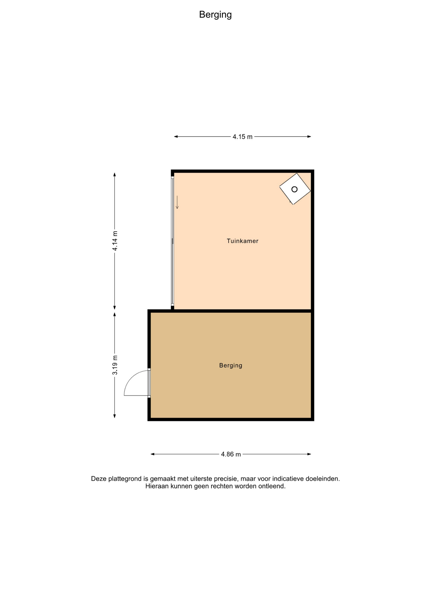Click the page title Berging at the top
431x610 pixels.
click(215, 15)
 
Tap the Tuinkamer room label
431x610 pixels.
click(242, 241)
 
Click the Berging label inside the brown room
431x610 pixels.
click(231, 366)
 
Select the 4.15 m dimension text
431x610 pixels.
click(242, 137)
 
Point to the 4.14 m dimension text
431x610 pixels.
click(115, 241)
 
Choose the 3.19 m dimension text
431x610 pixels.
click(115, 365)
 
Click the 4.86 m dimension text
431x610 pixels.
click(231, 454)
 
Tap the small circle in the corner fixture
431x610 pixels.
click(294, 189)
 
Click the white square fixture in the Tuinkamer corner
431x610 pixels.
click(295, 189)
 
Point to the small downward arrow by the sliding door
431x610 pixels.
click(177, 202)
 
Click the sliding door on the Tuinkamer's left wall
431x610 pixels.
click(173, 241)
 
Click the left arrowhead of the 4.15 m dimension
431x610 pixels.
click(176, 137)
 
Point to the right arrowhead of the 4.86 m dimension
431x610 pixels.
click(309, 454)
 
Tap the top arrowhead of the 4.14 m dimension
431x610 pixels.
click(115, 174)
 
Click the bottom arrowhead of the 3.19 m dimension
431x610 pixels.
click(115, 416)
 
